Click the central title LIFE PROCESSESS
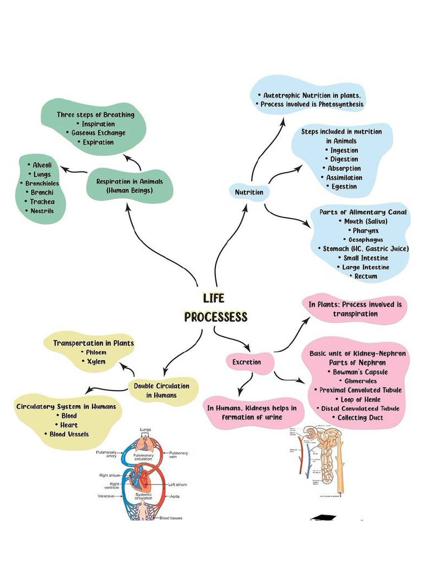(x=215, y=308)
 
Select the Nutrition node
(x=249, y=192)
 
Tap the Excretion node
(x=246, y=362)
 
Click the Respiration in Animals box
(x=130, y=186)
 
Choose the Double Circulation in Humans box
(x=161, y=391)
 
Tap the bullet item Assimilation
(x=344, y=177)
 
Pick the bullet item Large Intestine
(x=365, y=267)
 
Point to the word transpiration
(x=355, y=313)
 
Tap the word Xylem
(x=96, y=361)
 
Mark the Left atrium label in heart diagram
(x=177, y=485)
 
